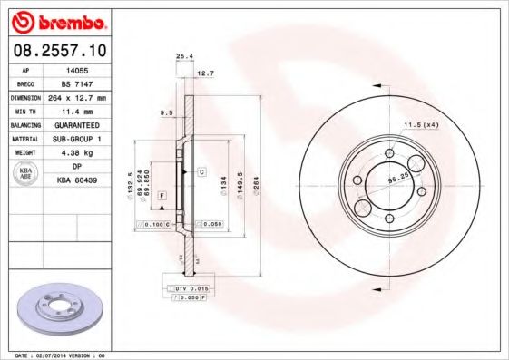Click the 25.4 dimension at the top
(183, 56)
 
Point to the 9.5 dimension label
(165, 113)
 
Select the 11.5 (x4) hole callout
(420, 123)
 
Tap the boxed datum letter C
(201, 170)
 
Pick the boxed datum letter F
(161, 195)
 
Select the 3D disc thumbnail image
(56, 309)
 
